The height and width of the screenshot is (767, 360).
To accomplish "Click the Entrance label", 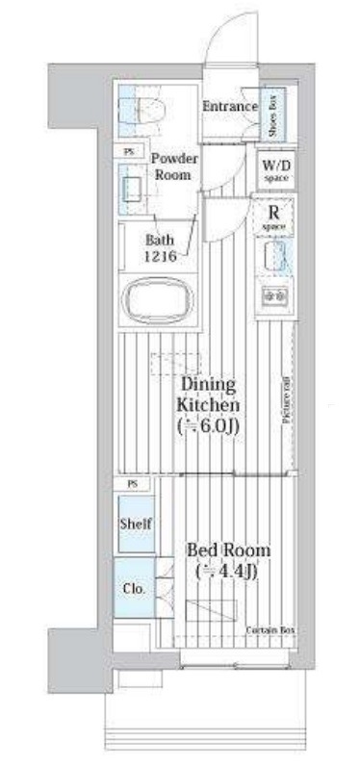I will tap(228, 106).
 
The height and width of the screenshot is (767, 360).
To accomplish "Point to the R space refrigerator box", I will tap(273, 217).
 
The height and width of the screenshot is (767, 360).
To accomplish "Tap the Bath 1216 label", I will tap(161, 249).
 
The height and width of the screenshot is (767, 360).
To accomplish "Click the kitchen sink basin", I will tap(273, 257).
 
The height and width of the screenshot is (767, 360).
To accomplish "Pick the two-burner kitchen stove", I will tap(273, 294).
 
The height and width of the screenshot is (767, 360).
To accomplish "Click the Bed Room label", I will tap(228, 550).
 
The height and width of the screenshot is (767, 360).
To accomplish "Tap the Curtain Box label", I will tap(270, 630).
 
